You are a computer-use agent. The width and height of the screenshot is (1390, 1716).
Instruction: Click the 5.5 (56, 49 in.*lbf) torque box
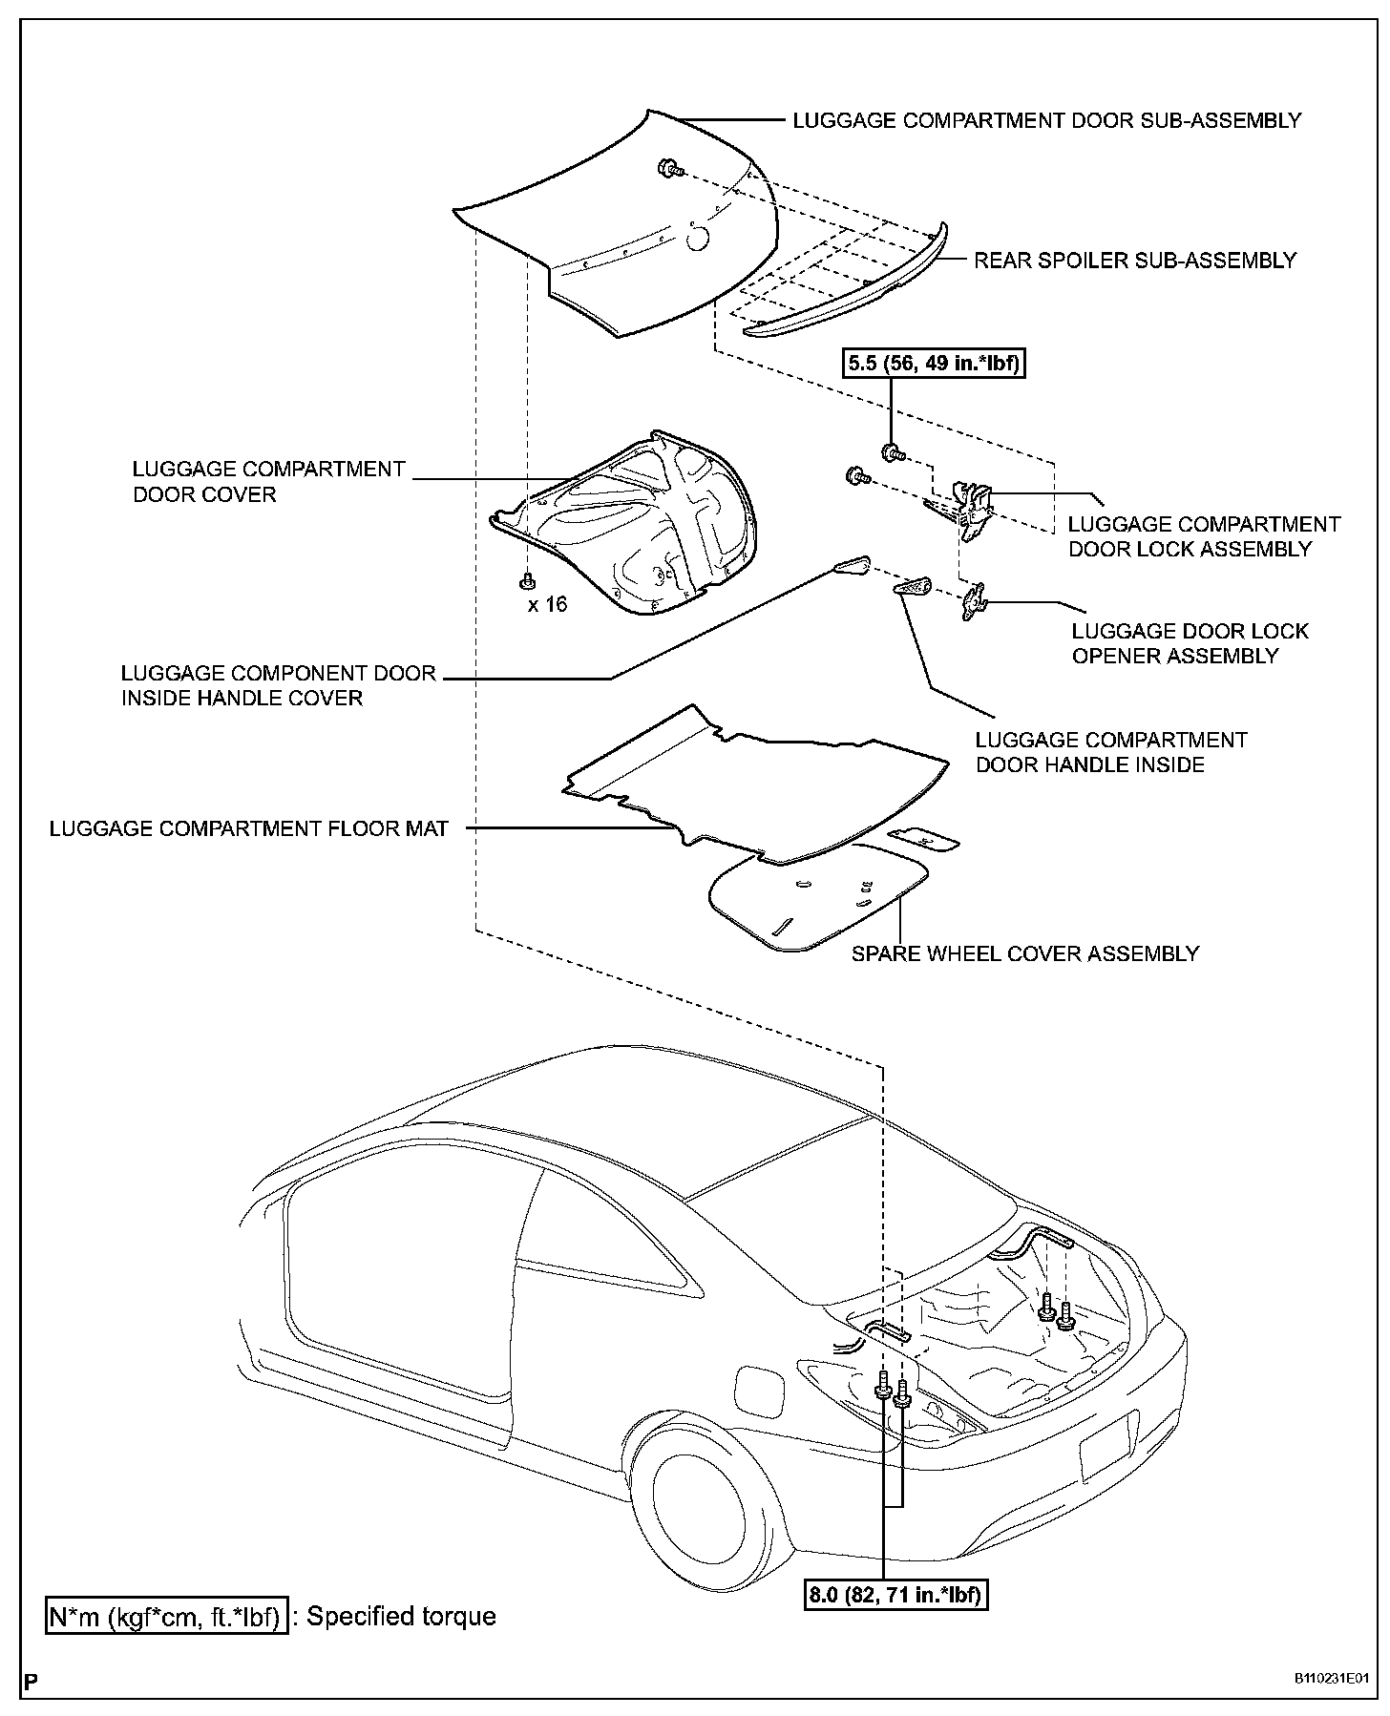[x=934, y=364]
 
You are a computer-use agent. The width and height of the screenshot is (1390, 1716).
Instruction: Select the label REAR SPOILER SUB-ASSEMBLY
[x=1135, y=261]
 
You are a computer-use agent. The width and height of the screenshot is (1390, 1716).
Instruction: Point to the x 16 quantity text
[x=548, y=604]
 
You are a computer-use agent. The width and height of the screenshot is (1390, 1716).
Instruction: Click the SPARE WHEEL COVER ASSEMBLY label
[x=1025, y=953]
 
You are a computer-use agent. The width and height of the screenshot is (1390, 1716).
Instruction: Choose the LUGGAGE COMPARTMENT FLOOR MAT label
[x=249, y=828]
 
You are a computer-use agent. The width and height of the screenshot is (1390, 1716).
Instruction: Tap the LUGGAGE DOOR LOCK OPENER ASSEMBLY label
[x=1190, y=643]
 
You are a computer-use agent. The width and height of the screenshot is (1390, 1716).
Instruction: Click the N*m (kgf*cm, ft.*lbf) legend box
[x=166, y=1617]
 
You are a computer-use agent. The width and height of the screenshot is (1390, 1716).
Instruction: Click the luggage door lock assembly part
[x=975, y=511]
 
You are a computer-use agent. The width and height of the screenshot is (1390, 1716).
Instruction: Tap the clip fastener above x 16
[x=526, y=579]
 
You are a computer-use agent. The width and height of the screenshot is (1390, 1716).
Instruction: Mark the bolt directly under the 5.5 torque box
[x=893, y=450]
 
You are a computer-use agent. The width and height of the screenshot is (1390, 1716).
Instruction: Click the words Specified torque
[x=401, y=1617]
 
